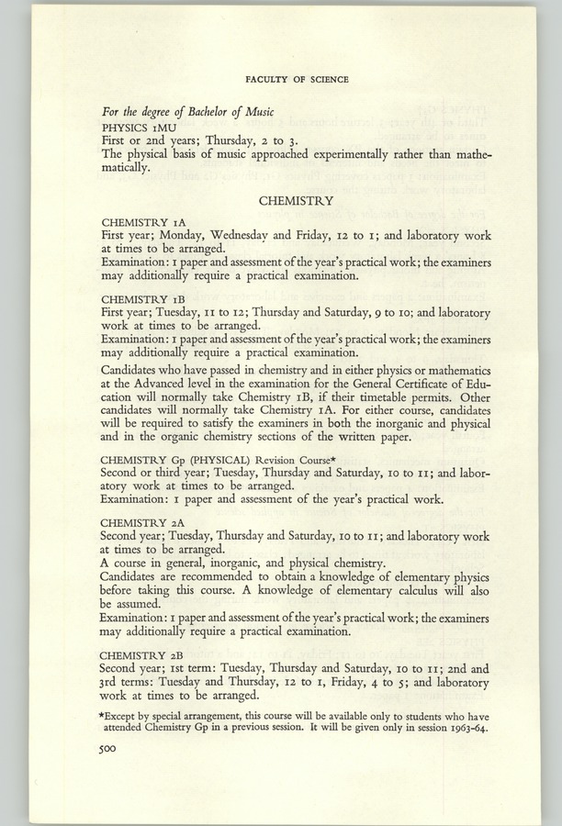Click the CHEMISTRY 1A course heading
(144, 222)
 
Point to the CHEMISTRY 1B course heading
(144, 298)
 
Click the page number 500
(112, 749)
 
